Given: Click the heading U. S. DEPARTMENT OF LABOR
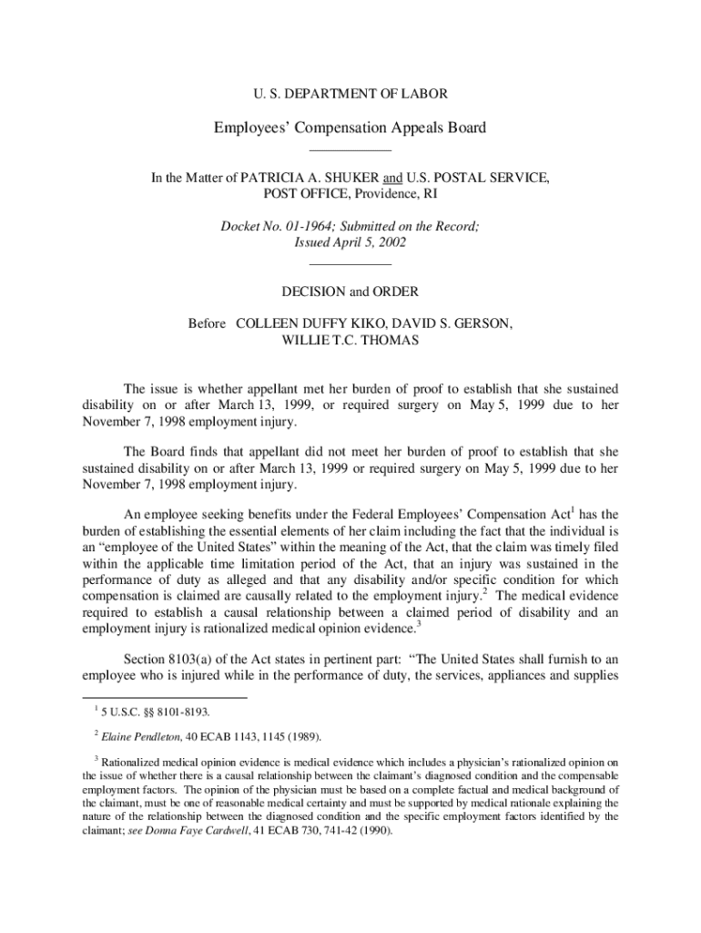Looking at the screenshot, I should pos(350,94).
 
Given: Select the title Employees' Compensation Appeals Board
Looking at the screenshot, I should pos(350,128).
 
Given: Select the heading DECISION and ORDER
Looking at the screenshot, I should pos(350,292).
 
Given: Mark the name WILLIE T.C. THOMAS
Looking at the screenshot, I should pos(350,340).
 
